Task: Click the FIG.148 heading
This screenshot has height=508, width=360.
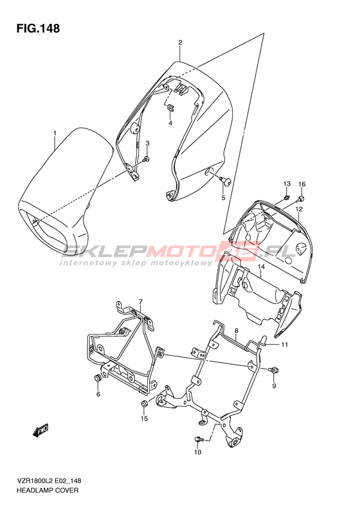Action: click(x=39, y=28)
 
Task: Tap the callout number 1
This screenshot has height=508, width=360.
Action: click(x=55, y=133)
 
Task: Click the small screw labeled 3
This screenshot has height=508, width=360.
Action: click(x=147, y=159)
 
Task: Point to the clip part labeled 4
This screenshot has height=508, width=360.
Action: click(x=170, y=108)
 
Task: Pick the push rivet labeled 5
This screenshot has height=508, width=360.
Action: click(x=225, y=180)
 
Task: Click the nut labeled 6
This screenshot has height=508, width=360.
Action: click(x=97, y=378)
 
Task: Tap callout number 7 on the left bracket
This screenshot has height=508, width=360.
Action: click(x=140, y=302)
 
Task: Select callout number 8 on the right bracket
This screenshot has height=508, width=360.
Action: click(x=237, y=331)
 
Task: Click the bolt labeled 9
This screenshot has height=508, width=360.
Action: click(x=274, y=369)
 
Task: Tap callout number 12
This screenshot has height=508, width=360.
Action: click(x=299, y=209)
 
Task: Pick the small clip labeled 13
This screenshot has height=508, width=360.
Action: click(x=286, y=197)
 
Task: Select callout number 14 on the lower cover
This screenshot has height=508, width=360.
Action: click(x=262, y=267)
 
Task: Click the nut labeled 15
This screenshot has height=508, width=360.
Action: click(x=144, y=404)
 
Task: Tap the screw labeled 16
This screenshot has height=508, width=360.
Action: click(x=301, y=198)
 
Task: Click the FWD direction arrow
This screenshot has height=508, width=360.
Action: click(x=41, y=430)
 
